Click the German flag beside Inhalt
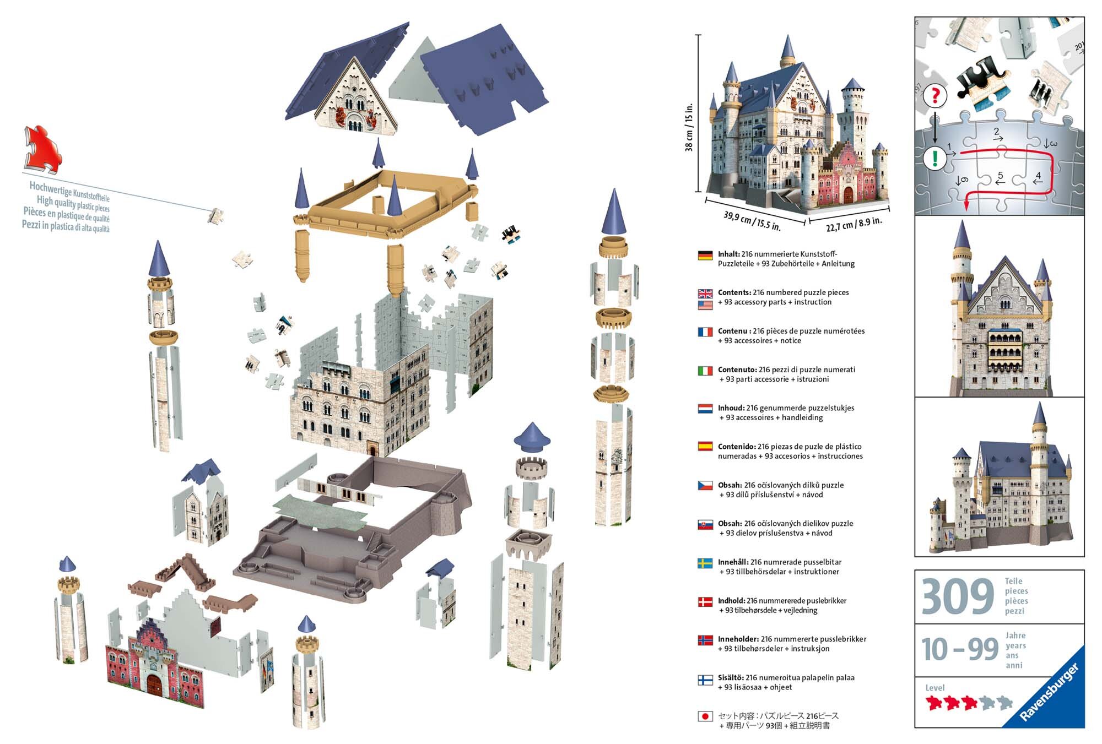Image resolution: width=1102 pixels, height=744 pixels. (705, 256)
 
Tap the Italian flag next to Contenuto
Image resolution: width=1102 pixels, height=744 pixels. (705, 371)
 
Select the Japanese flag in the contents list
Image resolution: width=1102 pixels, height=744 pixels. (705, 716)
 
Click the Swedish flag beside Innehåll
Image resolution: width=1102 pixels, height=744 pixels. (705, 563)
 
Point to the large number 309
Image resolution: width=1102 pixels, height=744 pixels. (958, 597)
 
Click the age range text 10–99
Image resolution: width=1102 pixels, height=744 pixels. (959, 649)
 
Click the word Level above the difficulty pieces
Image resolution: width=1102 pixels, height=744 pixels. (934, 688)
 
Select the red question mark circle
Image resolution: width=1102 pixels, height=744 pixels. (934, 96)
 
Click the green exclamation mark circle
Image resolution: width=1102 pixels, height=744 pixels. (934, 159)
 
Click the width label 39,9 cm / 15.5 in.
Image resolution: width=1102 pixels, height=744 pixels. (752, 221)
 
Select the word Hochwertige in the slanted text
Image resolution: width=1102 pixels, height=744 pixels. (50, 188)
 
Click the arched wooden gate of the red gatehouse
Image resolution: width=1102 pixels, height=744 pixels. (154, 685)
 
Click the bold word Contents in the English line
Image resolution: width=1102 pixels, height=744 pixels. (734, 292)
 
